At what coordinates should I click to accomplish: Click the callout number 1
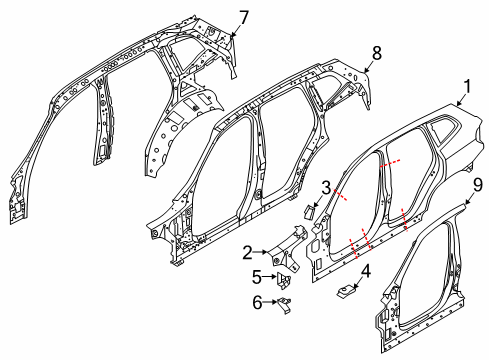pos(464,89)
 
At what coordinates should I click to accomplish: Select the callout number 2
pos(247,254)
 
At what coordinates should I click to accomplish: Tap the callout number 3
pos(326,188)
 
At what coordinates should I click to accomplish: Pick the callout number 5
pos(257,277)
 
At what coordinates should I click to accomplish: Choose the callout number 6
pos(257,300)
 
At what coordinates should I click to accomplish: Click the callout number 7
pos(243,15)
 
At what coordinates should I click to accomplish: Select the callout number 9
pos(477,184)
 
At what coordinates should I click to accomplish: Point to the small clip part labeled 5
pos(284,278)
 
